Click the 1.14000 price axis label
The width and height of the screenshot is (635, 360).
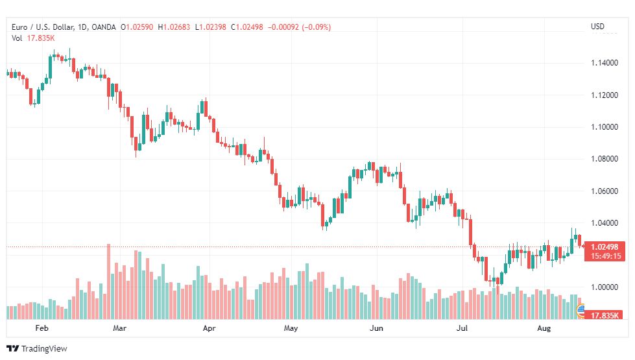pos(605,63)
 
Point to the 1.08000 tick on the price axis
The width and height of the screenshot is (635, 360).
pos(605,159)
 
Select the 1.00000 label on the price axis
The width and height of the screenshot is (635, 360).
pos(605,287)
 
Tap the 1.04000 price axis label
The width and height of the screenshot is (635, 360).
pos(605,222)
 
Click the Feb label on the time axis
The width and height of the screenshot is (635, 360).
pos(42,328)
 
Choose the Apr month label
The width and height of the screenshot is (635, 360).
pos(209,328)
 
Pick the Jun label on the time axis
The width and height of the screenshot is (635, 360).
pos(376,328)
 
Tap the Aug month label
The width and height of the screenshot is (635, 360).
pos(544,328)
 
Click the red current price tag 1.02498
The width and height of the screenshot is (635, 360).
pos(605,247)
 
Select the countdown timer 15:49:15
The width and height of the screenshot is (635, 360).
pos(605,256)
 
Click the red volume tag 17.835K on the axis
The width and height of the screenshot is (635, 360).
pos(605,315)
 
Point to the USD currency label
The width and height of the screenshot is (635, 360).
pos(597,27)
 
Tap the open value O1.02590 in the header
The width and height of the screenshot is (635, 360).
pos(137,27)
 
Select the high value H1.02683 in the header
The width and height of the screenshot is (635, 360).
pos(174,27)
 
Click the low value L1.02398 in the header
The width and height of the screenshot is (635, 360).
pos(211,27)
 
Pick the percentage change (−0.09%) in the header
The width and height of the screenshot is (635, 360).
pos(317,27)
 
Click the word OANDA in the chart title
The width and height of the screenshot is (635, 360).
pos(104,27)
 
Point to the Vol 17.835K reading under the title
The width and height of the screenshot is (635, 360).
pos(33,38)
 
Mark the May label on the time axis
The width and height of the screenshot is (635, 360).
pos(291,328)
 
